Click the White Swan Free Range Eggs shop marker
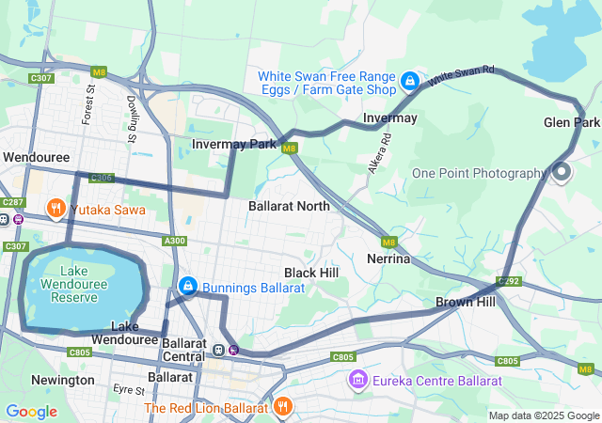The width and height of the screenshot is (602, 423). pos(410,82)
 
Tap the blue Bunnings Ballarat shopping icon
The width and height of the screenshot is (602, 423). pos(188,285)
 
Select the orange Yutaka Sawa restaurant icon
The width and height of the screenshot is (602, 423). pos(55,209)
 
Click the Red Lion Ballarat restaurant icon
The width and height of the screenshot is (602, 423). pos(282,407)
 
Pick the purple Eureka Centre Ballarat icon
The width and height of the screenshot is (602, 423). pos(357,380)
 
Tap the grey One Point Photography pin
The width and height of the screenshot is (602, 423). pos(562,172)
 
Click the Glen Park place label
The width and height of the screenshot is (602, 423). pos(571,123)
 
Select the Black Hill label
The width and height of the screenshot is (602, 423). pos(311,273)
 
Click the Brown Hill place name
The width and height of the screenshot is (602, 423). pos(465,303)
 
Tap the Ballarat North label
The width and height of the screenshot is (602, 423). pos(290,205)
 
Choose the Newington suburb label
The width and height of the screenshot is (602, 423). pos(61,380)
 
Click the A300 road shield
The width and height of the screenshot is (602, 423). pos(174,242)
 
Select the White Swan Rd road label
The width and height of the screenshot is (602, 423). pos(462,78)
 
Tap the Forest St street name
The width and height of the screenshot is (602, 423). pos(89,105)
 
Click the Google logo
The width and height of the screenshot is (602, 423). pos(31,412)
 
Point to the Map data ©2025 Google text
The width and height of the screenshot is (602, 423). pos(544,415)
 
